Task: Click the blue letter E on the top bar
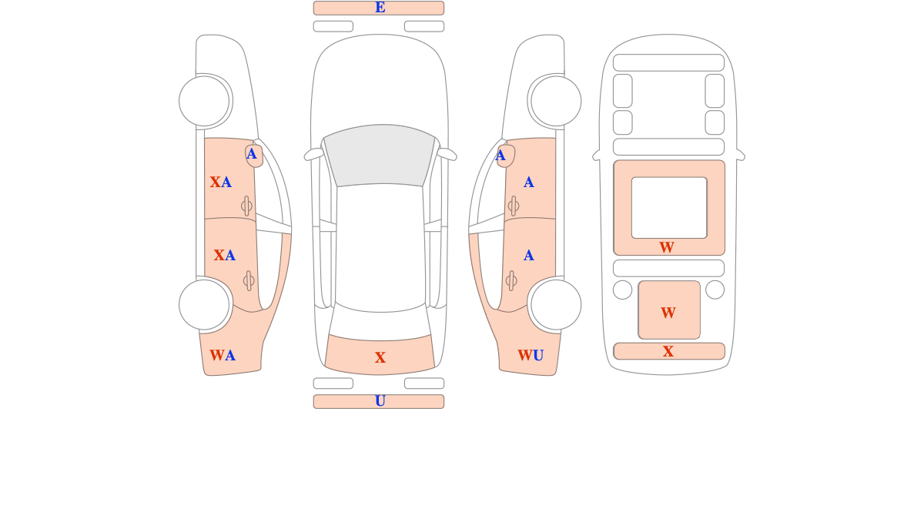380,8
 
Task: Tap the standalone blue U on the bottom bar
380,401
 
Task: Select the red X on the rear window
380,358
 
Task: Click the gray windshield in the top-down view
380,155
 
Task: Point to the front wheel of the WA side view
204,101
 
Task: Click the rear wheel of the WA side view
204,305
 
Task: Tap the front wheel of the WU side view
556,101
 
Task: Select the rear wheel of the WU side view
556,305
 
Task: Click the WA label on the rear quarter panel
223,356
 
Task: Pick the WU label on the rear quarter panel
531,356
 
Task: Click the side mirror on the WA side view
253,155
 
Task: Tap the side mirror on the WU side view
505,156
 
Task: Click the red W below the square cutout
667,248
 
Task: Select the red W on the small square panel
668,313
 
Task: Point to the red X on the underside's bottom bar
668,352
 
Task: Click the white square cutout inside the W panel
669,207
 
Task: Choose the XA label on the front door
221,183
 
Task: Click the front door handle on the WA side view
246,206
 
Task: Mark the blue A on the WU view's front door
528,183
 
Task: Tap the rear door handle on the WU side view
511,280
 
